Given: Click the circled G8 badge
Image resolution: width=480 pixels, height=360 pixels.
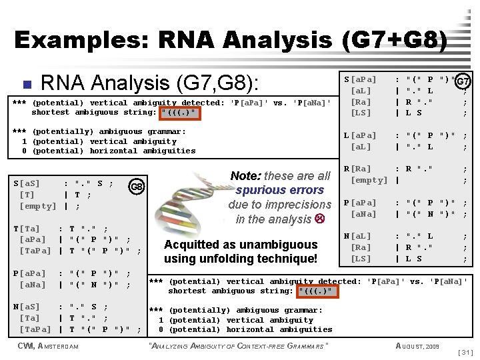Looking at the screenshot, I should coord(137,186).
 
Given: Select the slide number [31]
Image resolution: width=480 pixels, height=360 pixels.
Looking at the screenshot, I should coord(467,351).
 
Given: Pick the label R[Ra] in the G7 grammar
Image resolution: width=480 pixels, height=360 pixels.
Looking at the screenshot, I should coord(357,169).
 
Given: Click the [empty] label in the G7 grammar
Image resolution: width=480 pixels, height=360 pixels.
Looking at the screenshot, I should coord(369,180).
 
